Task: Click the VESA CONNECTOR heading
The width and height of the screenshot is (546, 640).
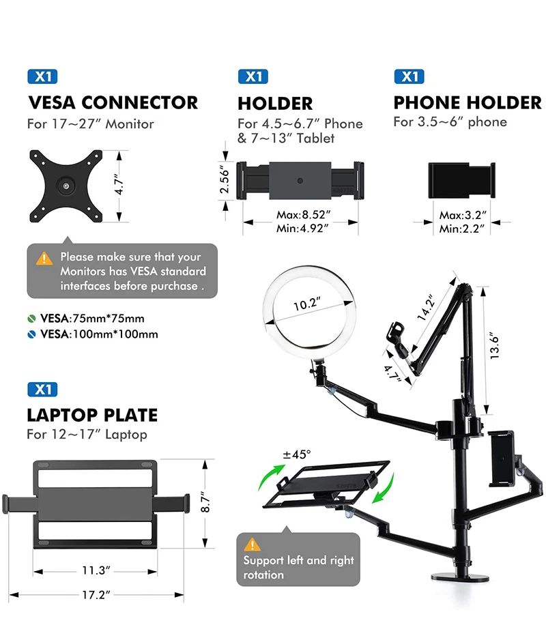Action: coord(113,103)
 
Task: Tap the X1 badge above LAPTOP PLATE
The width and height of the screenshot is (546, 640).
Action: coord(42,390)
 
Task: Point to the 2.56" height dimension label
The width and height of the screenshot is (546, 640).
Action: coord(224,179)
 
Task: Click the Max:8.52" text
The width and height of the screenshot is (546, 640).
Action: coord(303,215)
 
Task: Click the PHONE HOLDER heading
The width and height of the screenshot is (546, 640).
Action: coord(467,103)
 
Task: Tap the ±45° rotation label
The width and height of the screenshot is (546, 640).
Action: coord(298,454)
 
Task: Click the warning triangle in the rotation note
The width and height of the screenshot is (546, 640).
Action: coord(253,544)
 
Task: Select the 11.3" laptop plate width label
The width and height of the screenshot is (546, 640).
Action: coord(96,570)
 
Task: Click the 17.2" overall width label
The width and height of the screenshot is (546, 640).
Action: coord(96,594)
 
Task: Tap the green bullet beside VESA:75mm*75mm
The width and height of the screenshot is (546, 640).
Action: coord(31,319)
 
